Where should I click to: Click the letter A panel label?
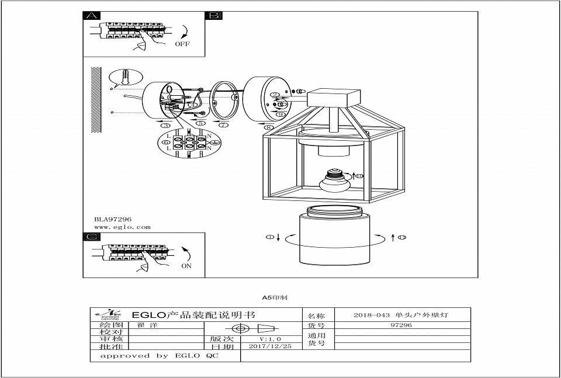91,16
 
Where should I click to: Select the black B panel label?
214,16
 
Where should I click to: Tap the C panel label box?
91,237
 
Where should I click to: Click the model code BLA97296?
113,219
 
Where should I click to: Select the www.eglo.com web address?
122,227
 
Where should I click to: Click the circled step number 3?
166,125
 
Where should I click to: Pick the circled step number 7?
223,125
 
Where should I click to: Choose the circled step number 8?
269,127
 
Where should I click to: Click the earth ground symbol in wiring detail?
214,143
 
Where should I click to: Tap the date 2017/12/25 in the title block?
270,346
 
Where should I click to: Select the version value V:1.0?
270,338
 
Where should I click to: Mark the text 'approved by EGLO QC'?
159,355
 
